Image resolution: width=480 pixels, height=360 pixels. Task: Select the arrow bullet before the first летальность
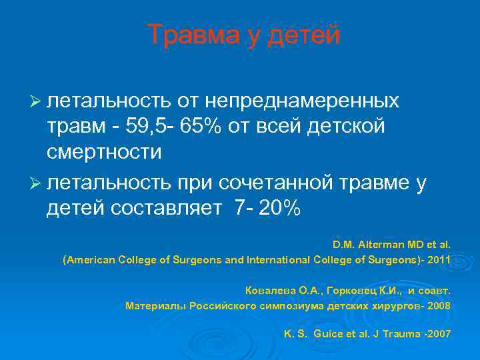37,101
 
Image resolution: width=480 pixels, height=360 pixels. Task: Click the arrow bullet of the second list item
37,184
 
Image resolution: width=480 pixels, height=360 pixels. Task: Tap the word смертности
104,151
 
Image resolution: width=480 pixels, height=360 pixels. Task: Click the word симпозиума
292,306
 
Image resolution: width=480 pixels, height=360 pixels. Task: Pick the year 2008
437,306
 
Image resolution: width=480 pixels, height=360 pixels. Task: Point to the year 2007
437,333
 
